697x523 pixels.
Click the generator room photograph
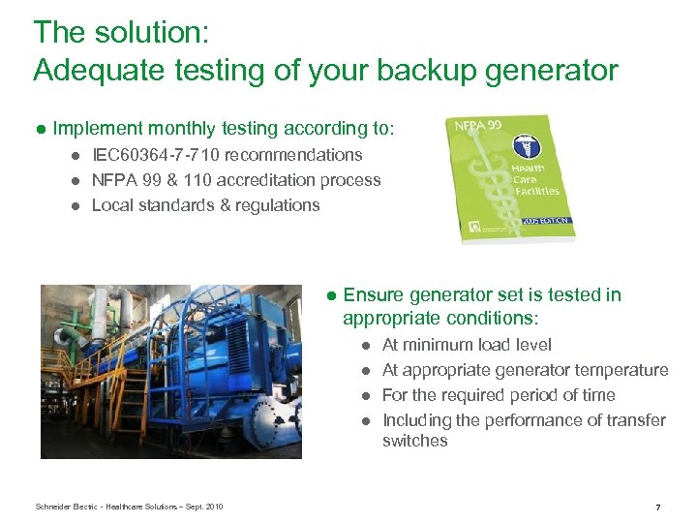pos(170,371)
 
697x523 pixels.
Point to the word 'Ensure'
pos(374,295)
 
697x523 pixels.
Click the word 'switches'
pos(414,441)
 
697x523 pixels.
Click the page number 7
pos(658,507)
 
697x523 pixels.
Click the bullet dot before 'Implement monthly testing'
pos(42,129)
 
